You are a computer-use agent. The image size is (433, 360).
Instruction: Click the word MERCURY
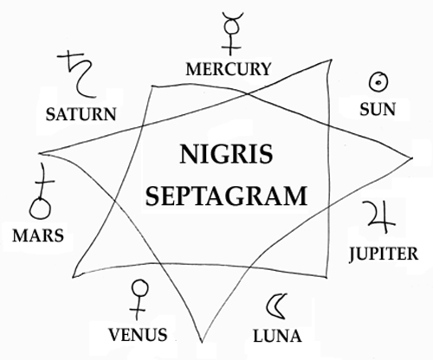tap(228, 69)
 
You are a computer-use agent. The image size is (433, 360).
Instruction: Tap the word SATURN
tap(81, 114)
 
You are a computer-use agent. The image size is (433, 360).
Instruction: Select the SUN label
tap(378, 109)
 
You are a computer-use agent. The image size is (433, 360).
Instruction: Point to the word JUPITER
tap(384, 254)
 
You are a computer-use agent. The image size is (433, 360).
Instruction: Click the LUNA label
tap(277, 336)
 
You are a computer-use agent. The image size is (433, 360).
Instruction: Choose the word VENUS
tap(138, 335)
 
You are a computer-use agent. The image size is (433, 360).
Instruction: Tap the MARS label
tap(38, 235)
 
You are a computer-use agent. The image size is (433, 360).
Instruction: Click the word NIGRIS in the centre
tap(226, 154)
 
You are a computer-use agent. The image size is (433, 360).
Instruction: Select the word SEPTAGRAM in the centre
tap(226, 196)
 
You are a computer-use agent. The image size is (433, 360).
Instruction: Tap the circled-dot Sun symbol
tap(378, 82)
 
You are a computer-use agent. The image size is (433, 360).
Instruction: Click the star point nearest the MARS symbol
tap(40, 153)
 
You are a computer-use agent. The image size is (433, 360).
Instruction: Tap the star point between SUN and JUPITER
tap(412, 157)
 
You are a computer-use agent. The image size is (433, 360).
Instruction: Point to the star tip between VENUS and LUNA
tap(202, 342)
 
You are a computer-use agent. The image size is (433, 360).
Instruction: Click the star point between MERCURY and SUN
tap(331, 60)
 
